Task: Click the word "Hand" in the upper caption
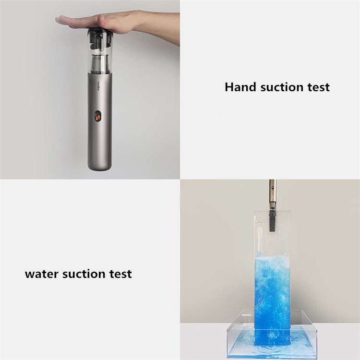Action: [240, 87]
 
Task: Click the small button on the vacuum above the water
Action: [272, 188]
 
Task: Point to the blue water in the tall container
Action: [272, 296]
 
